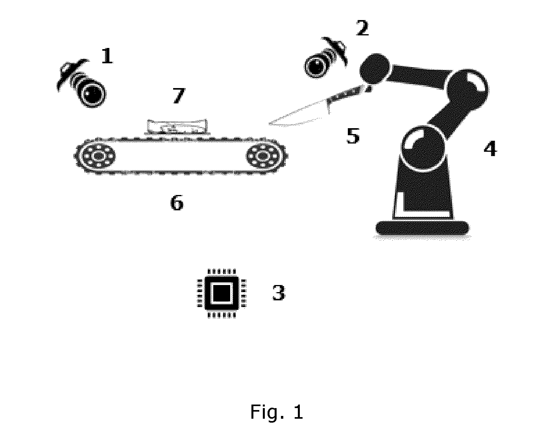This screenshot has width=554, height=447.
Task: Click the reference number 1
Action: [x=107, y=55]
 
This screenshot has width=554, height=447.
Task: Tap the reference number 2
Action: [x=362, y=28]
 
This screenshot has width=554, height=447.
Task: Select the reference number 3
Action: [x=279, y=292]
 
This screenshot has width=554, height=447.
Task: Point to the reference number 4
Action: [x=490, y=148]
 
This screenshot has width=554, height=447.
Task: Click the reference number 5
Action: [x=353, y=136]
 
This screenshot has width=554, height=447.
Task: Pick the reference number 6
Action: [x=177, y=203]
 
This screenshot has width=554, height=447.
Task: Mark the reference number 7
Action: [x=179, y=96]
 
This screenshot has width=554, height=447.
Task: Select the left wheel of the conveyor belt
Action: [x=98, y=156]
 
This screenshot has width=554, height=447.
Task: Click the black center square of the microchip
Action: [x=222, y=293]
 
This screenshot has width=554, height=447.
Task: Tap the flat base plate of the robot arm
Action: [x=422, y=228]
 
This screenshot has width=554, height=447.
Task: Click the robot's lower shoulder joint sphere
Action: [x=423, y=148]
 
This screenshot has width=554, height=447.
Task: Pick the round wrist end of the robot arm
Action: [x=374, y=69]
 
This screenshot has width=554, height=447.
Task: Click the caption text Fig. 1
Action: [x=277, y=412]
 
